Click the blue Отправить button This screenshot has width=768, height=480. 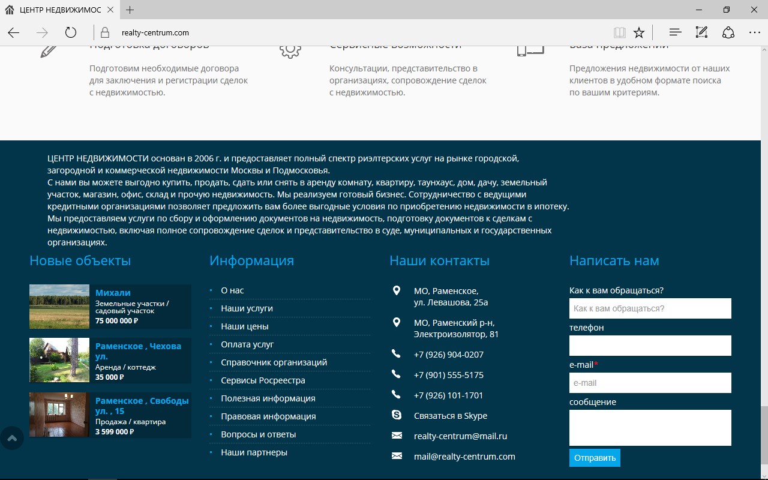click(595, 458)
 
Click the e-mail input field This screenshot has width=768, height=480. click(650, 383)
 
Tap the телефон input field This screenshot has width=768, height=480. click(650, 346)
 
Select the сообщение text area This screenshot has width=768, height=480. click(650, 428)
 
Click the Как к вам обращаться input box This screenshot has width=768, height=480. click(650, 308)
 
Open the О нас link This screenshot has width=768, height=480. click(232, 290)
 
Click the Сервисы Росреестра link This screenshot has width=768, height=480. click(263, 380)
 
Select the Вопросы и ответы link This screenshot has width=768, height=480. click(259, 434)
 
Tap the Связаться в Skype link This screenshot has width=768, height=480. click(451, 416)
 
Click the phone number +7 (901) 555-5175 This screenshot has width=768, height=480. click(449, 375)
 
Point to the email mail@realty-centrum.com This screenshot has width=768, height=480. click(464, 457)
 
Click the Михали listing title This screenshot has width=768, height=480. click(113, 293)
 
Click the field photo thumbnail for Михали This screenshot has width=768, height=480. click(59, 307)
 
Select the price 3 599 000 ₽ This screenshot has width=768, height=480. click(115, 431)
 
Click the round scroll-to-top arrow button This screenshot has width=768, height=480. click(11, 438)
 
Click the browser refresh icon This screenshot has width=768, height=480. click(71, 32)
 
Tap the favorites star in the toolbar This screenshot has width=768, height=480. click(639, 32)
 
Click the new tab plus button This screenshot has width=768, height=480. click(130, 10)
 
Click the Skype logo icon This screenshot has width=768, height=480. click(397, 415)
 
